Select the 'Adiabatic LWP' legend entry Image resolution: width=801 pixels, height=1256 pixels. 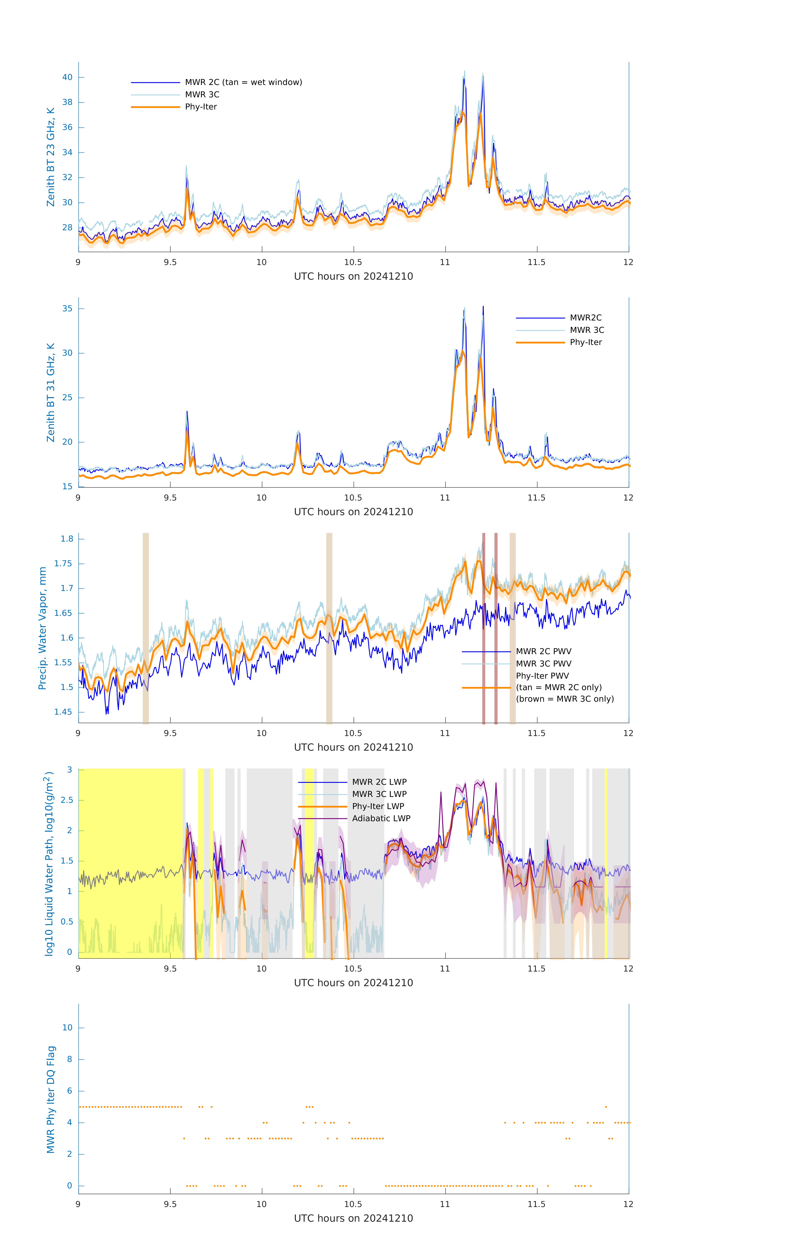tap(381, 818)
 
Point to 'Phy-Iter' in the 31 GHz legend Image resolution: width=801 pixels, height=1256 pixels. tap(586, 342)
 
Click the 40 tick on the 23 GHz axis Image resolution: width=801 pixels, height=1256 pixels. tap(67, 77)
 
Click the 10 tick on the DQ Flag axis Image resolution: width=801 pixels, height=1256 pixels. tap(67, 1028)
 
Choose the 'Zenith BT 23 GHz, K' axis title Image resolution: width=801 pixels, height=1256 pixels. tap(51, 157)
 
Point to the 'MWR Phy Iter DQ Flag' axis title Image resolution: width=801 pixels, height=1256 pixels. tap(51, 1099)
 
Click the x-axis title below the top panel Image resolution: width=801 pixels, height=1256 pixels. tap(353, 277)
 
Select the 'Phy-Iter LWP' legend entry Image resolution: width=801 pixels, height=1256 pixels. tap(378, 806)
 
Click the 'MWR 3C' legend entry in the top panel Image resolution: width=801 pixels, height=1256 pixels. tap(202, 94)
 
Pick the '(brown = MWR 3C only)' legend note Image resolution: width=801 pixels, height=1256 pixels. tap(565, 699)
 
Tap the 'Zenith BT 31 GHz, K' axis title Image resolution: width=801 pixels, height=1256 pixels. tap(51, 392)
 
